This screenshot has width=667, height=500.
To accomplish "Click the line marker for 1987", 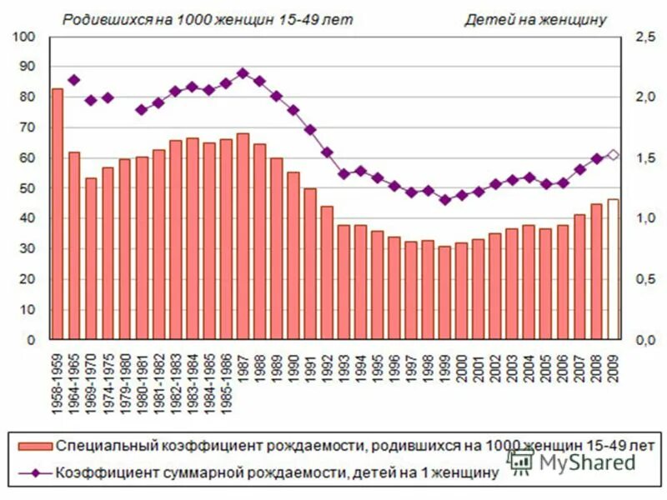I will pyautogui.click(x=243, y=72).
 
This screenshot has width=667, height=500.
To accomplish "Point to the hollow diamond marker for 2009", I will pyautogui.click(x=613, y=154).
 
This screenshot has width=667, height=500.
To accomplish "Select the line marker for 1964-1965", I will pyautogui.click(x=74, y=80).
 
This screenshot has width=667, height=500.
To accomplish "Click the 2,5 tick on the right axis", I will pyautogui.click(x=644, y=37).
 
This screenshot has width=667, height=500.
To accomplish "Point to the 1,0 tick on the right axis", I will pyautogui.click(x=644, y=218).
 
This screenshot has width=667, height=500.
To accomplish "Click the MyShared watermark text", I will pyautogui.click(x=584, y=461).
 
